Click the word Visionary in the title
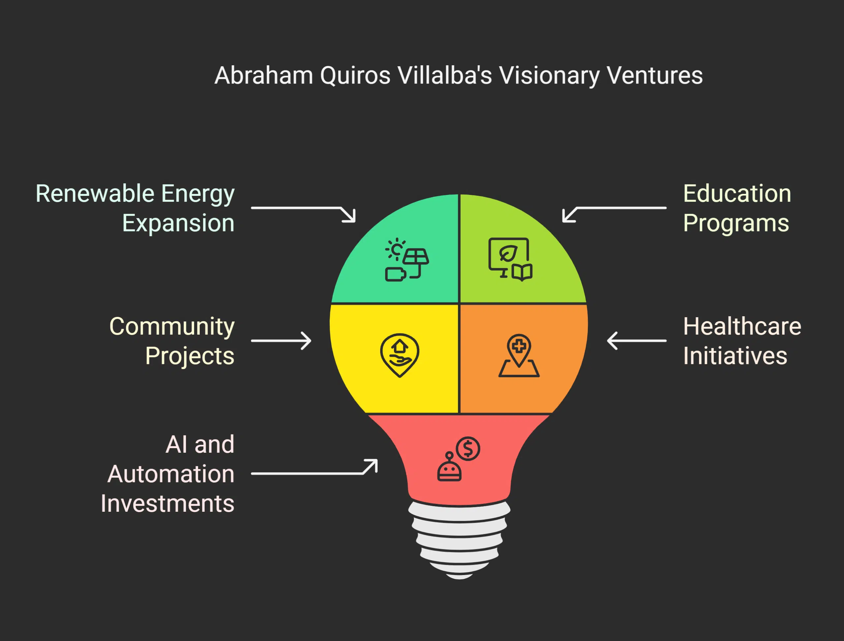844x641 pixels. tap(550, 76)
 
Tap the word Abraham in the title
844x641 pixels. tap(264, 76)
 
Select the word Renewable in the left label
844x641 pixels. tap(95, 194)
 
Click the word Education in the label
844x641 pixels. tap(737, 194)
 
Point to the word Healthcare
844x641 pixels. tap(742, 327)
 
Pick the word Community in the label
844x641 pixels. tap(172, 327)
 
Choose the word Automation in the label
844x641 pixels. tap(170, 474)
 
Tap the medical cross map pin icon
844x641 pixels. tap(519, 355)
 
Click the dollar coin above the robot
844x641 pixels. tap(468, 449)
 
